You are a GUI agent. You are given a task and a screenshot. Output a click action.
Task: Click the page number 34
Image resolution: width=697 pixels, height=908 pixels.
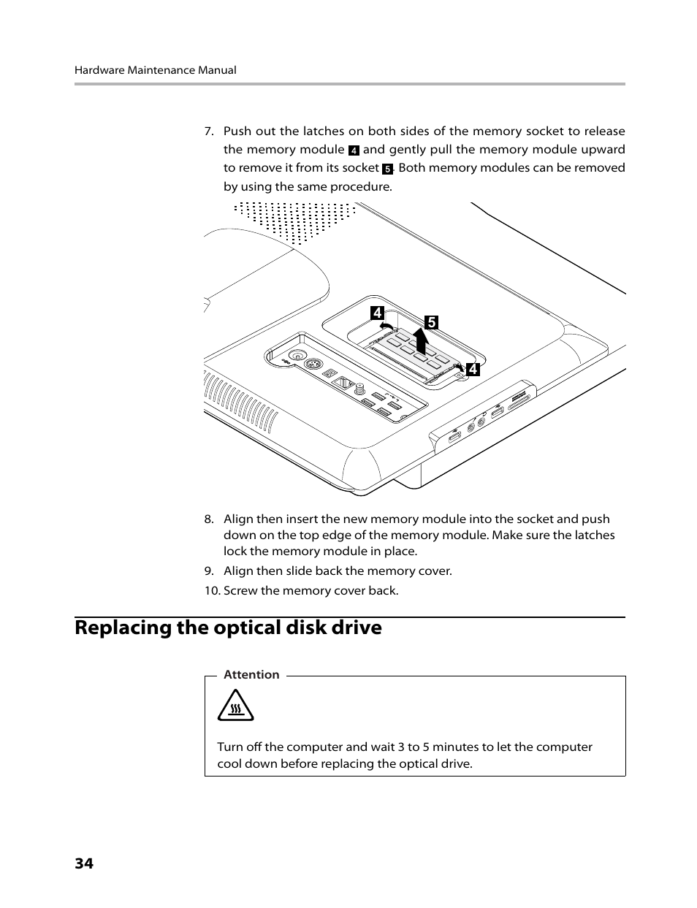(x=83, y=863)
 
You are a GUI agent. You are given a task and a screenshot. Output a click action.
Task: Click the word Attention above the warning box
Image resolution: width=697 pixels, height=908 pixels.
(x=251, y=675)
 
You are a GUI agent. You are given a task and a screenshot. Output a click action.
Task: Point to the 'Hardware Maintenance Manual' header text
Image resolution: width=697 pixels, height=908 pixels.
(x=155, y=70)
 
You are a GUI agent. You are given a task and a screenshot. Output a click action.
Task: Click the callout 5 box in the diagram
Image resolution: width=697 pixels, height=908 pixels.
(x=431, y=322)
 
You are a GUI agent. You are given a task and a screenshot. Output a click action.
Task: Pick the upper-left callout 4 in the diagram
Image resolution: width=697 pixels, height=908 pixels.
(x=377, y=313)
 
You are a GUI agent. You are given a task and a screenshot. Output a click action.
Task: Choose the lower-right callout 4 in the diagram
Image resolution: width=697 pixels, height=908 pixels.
(x=473, y=370)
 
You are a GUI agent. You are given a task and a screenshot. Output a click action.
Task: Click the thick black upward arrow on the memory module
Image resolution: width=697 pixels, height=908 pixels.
(x=421, y=341)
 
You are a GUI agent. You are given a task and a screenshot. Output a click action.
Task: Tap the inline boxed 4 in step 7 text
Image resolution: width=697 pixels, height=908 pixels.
(x=354, y=150)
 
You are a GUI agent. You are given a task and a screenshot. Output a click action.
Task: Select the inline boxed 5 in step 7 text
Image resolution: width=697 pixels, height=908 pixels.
(x=387, y=169)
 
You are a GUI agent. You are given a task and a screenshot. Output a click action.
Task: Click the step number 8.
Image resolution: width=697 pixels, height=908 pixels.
(x=208, y=519)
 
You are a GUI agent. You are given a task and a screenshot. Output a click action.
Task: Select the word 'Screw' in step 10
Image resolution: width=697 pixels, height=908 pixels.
(x=240, y=591)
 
